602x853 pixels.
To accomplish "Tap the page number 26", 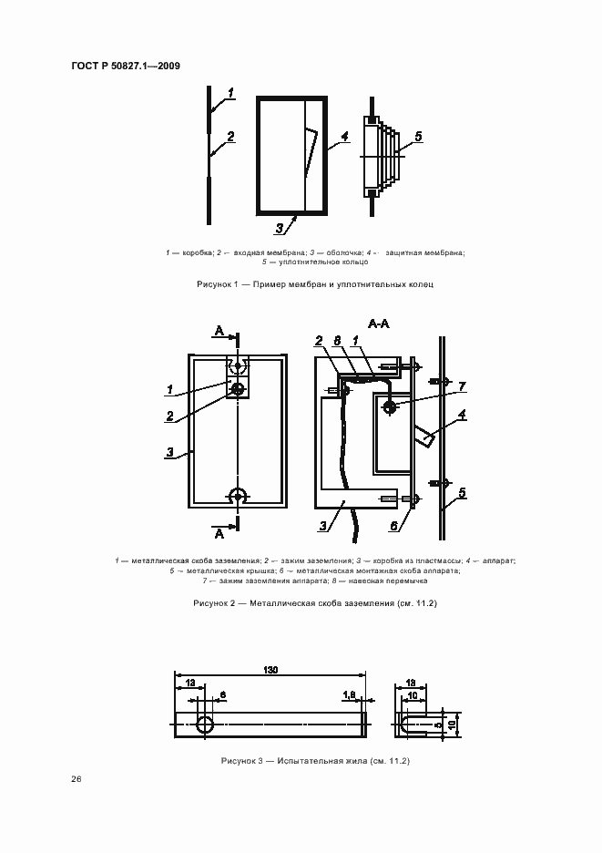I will [x=76, y=779].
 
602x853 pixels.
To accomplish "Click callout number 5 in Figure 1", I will [x=417, y=137].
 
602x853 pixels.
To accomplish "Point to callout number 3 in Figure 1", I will [x=281, y=229].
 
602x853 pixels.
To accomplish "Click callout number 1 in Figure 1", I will [x=231, y=92].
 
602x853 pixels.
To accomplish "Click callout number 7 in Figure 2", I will [x=462, y=387].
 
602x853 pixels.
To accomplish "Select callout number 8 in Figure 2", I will [x=336, y=341].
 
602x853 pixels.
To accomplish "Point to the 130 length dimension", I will [x=270, y=670].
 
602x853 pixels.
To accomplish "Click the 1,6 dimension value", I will [x=349, y=694].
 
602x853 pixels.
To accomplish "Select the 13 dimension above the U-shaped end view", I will [x=411, y=682].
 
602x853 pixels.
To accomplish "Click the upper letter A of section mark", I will [x=218, y=329].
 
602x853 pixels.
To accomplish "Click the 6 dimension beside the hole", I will [x=221, y=694].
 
